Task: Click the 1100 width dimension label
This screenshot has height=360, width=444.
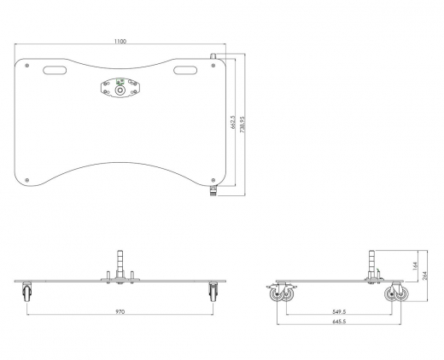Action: pyautogui.click(x=120, y=41)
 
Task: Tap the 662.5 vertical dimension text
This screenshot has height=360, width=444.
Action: pyautogui.click(x=233, y=122)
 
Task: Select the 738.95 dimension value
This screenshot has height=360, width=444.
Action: pyautogui.click(x=242, y=125)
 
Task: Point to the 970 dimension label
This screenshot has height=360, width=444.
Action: pyautogui.click(x=120, y=311)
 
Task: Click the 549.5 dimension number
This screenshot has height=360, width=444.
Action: pyautogui.click(x=339, y=311)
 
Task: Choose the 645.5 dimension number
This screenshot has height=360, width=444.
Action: pyautogui.click(x=339, y=322)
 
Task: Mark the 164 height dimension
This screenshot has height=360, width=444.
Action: pyautogui.click(x=415, y=266)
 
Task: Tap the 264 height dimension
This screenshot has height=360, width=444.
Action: pyautogui.click(x=425, y=276)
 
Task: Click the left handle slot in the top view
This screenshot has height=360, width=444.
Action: pyautogui.click(x=55, y=70)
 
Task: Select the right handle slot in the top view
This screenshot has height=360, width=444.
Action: pyautogui.click(x=185, y=70)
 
